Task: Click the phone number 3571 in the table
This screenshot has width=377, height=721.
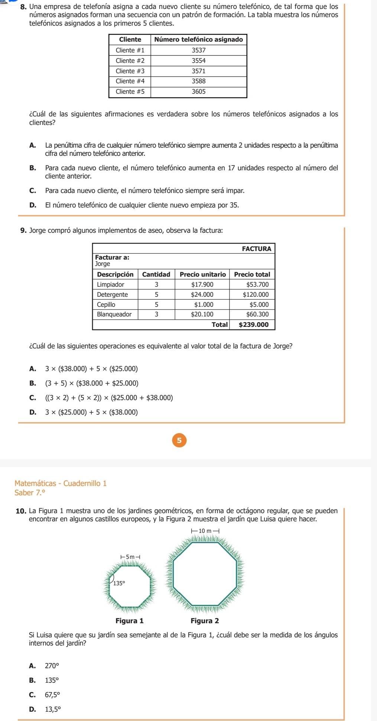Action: (x=198, y=71)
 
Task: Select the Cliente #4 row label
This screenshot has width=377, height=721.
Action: (x=130, y=81)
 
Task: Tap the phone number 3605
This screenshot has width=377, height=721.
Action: (x=198, y=91)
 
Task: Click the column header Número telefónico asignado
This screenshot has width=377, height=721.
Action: (x=198, y=39)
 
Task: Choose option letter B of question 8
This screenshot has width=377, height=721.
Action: (x=32, y=168)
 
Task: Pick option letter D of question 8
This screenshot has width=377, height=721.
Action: (x=32, y=205)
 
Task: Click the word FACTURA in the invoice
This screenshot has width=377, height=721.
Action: (x=256, y=249)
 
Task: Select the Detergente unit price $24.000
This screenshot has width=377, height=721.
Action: (x=202, y=294)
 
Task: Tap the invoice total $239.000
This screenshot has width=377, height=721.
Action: (x=253, y=325)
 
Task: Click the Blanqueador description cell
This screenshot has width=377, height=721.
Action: (x=114, y=314)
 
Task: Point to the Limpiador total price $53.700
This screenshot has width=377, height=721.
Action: (x=257, y=284)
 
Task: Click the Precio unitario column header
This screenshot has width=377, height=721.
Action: (x=202, y=274)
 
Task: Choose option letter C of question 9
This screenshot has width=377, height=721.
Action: (x=32, y=398)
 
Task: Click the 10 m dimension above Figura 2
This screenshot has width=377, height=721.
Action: (x=205, y=531)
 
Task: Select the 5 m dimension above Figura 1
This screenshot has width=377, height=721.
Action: (x=130, y=557)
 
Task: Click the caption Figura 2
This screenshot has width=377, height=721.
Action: (x=204, y=621)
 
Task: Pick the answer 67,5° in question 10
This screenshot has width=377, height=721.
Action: (x=52, y=694)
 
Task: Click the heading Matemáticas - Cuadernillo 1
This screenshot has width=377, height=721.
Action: (x=61, y=483)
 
